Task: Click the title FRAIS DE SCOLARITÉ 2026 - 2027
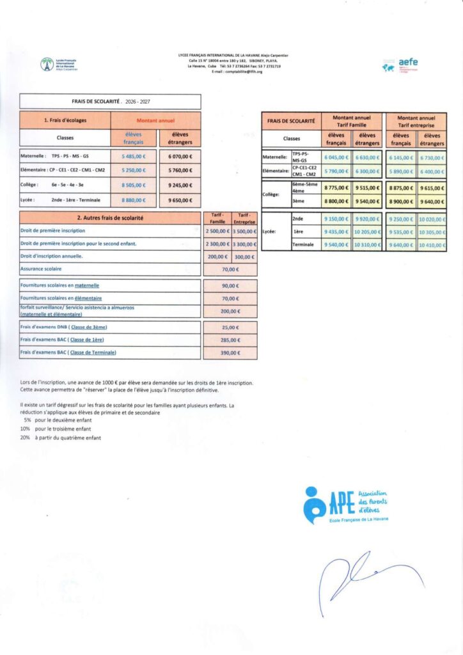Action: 110,102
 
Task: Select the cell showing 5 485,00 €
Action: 134,156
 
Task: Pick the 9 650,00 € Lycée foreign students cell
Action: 180,200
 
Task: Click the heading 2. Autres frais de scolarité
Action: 110,218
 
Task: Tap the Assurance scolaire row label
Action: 41,269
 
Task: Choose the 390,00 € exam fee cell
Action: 230,353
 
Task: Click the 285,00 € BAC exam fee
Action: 230,340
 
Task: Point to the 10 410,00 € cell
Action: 432,245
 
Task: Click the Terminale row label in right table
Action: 304,245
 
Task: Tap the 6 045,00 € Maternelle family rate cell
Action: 336,157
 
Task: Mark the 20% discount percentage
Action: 25,438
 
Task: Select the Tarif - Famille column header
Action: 218,218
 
